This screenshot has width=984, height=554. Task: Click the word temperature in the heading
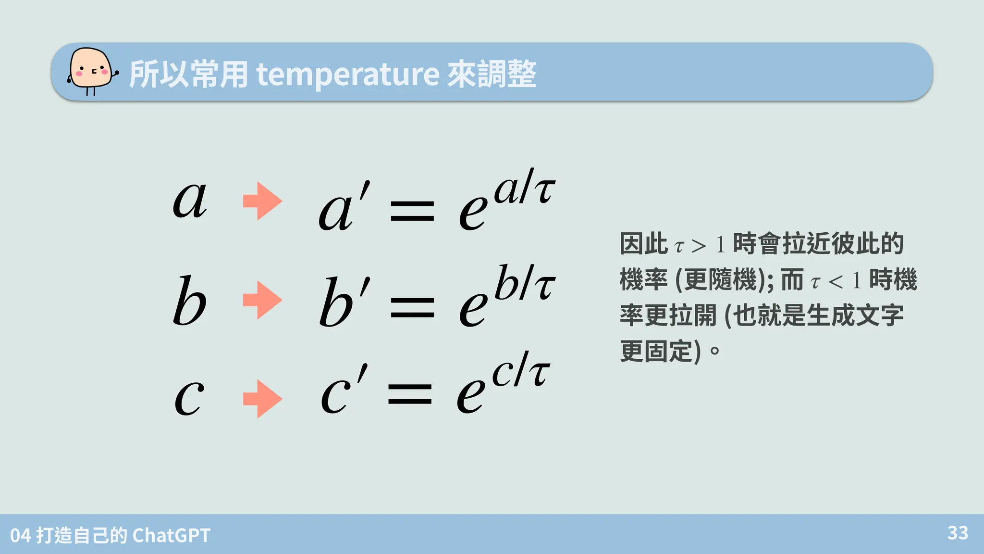coord(348,75)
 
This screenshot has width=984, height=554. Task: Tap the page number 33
coord(958,533)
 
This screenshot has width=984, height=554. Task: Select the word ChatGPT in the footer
coord(171,535)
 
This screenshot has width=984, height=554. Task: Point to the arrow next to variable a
coord(262,201)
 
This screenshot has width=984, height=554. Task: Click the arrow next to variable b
coord(262,300)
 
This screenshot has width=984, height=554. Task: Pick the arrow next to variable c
coord(262,399)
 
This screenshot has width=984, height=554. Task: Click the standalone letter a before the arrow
coord(190,201)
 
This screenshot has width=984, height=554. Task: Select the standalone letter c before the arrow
coord(189,398)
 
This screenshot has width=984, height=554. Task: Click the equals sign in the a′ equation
coord(412,212)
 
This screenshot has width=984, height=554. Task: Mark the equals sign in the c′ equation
coord(410,394)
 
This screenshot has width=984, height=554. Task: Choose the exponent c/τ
coord(521,370)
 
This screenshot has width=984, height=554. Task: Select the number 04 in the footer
coord(20,535)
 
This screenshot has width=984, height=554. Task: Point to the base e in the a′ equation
coord(472,213)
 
